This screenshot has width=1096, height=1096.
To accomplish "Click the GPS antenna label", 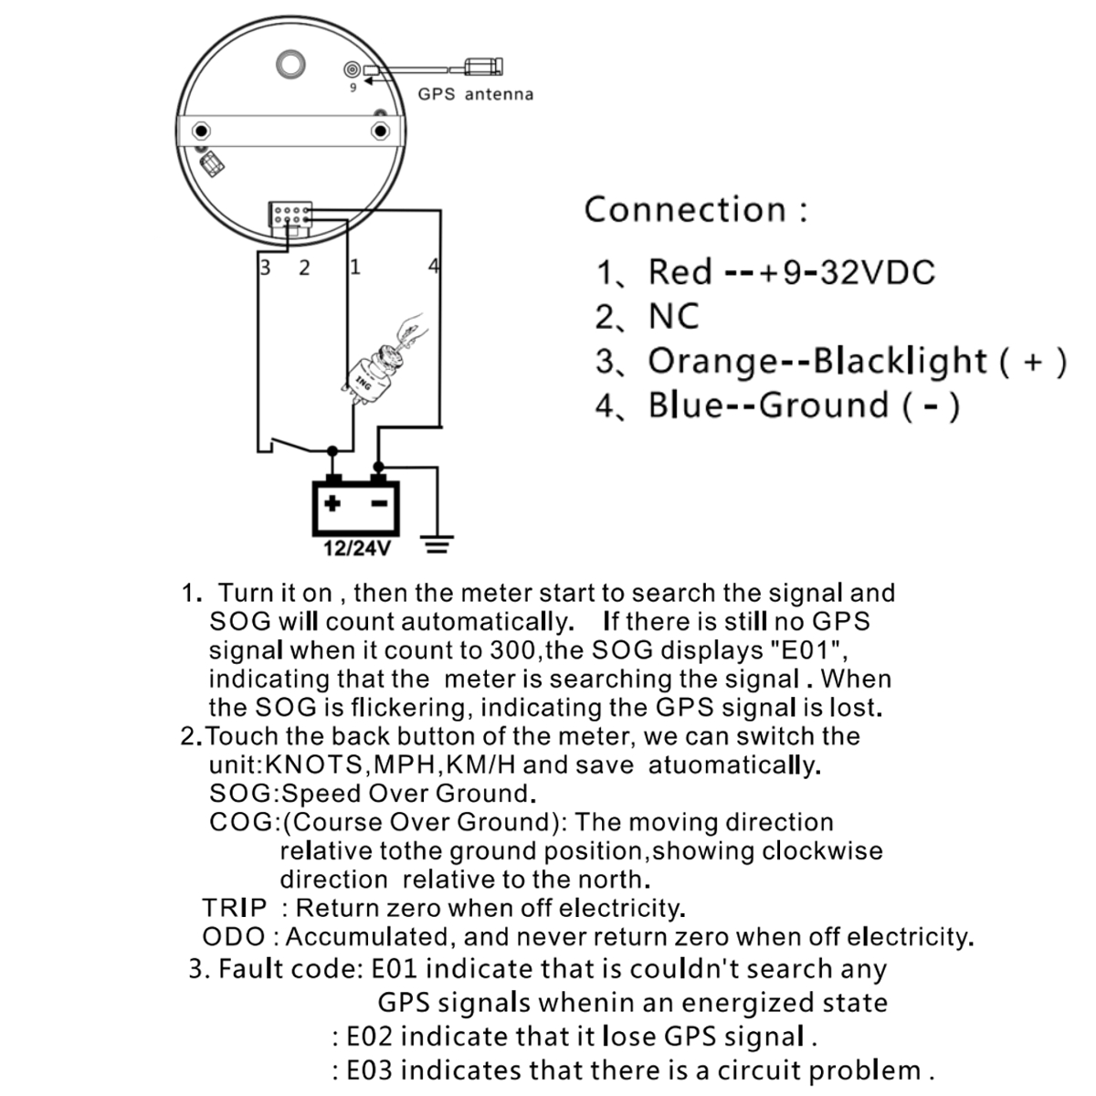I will coord(475,94).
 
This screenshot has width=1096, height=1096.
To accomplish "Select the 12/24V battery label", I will coord(357,549).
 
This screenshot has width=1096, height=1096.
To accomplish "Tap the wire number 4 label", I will coord(433,267).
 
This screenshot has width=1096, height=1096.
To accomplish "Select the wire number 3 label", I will coord(266,268).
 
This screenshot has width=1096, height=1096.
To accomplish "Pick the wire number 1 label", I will coord(354,267).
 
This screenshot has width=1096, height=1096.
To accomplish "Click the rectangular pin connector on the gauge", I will coord(290,215).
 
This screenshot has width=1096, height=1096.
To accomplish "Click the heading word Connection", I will coord(685,209).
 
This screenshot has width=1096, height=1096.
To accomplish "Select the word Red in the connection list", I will coord(680,272).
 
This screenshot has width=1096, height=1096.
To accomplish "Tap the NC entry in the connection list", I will coord(673,317).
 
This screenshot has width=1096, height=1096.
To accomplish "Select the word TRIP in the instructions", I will coord(235,908).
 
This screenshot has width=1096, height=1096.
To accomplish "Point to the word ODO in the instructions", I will coord(234,937).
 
